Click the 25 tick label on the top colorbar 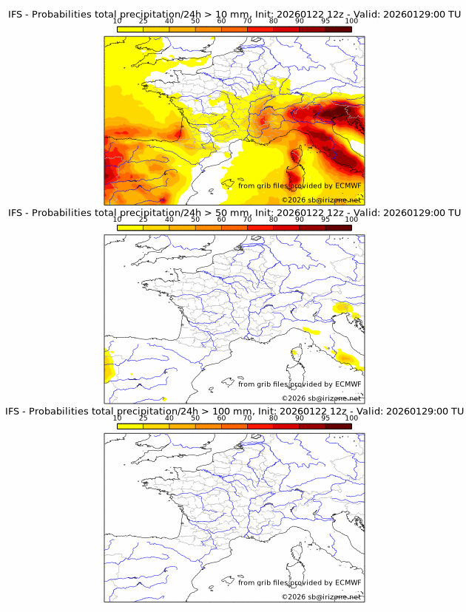click(143, 21)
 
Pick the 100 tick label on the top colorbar click(351, 21)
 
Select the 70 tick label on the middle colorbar click(247, 220)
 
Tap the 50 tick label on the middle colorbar click(195, 220)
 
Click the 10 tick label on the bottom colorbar click(118, 418)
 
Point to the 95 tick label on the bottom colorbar click(325, 418)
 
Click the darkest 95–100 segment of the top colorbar click(338, 30)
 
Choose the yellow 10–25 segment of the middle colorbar click(130, 228)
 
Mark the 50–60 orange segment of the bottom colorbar click(208, 426)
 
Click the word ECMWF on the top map click(348, 186)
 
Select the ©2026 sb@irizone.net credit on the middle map click(321, 398)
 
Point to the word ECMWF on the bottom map click(348, 582)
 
